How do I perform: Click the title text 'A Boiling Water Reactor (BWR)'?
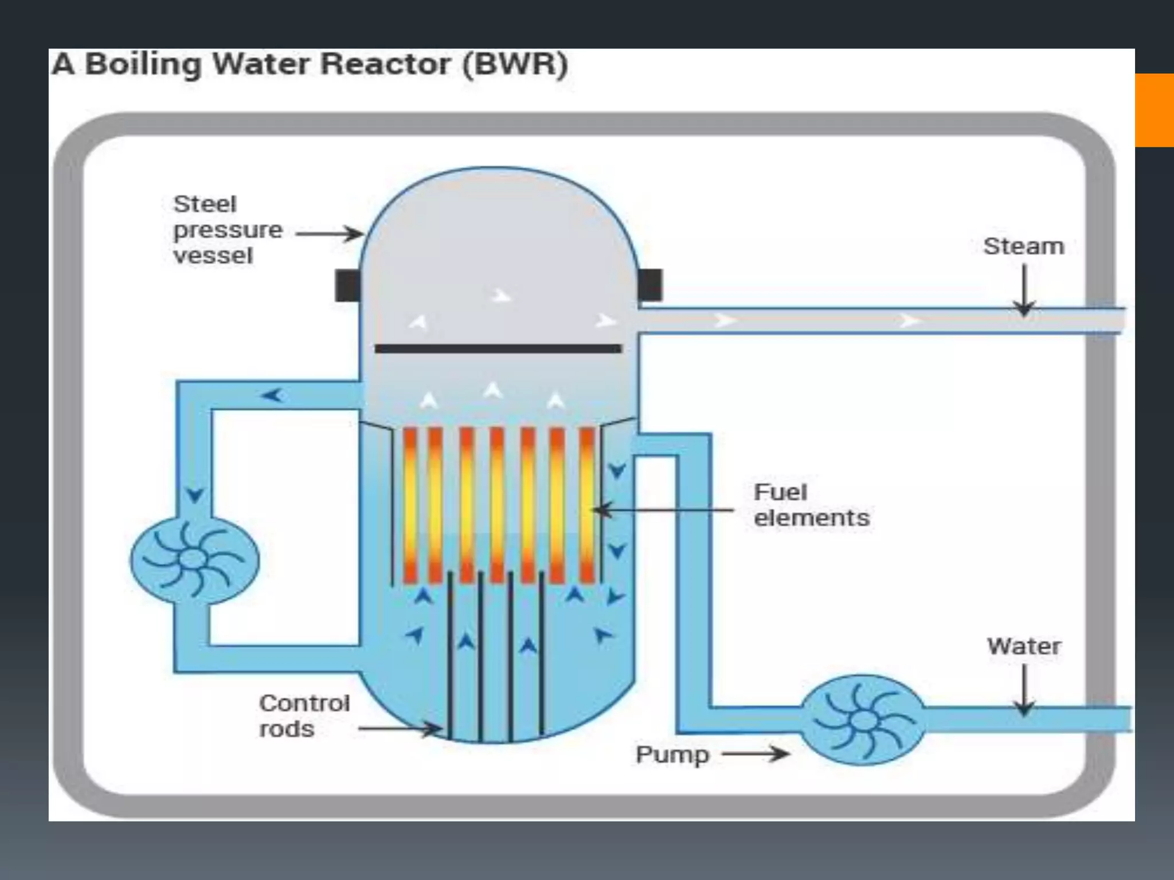tap(310, 64)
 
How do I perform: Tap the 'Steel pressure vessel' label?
tap(227, 230)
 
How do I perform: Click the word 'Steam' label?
tap(1024, 246)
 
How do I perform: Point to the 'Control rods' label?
tap(304, 716)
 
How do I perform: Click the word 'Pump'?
tap(672, 755)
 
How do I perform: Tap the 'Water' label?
tap(1024, 646)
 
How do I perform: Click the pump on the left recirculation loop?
tap(194, 560)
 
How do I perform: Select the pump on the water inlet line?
tap(862, 719)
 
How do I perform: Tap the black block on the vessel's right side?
tap(650, 285)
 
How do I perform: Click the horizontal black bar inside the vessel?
tap(498, 348)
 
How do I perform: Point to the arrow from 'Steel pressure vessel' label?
tap(329, 234)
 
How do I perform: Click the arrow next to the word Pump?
tap(756, 753)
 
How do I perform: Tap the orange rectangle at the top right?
tap(1154, 110)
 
